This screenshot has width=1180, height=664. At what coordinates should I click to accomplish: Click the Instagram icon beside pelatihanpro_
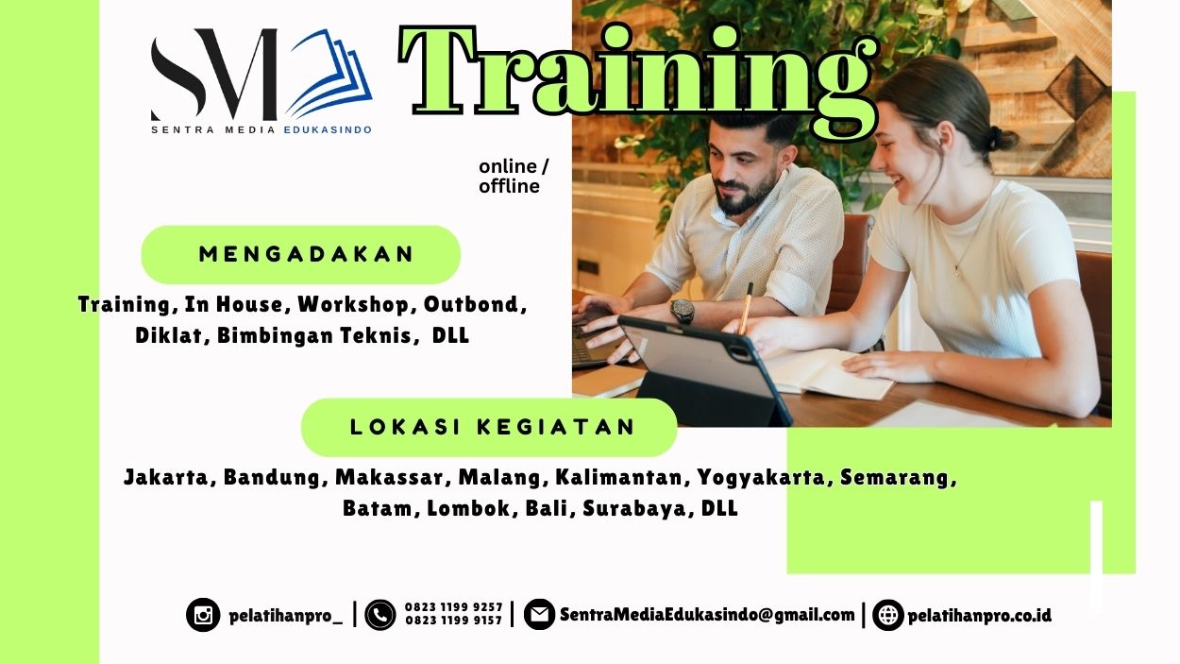point(203,616)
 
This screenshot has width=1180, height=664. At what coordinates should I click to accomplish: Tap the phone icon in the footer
point(380,615)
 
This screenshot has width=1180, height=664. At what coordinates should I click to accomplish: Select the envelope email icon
point(539,615)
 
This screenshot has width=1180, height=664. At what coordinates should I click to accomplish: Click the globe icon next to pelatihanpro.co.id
point(888,616)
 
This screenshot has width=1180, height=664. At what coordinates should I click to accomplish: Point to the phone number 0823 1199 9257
point(453,607)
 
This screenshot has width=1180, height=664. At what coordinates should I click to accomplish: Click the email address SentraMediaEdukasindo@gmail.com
point(707,615)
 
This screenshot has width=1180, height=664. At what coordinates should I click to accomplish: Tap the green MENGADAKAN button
point(300,254)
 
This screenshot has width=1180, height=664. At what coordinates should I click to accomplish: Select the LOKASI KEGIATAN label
point(489,427)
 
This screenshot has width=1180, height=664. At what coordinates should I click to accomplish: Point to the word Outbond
point(471,304)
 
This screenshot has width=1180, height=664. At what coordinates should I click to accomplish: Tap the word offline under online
point(509,186)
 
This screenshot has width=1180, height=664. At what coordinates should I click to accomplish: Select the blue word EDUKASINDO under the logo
point(328,129)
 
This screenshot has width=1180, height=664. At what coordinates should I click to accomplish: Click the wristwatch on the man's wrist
point(682,311)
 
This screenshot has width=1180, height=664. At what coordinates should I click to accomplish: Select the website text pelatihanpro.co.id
point(979,616)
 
